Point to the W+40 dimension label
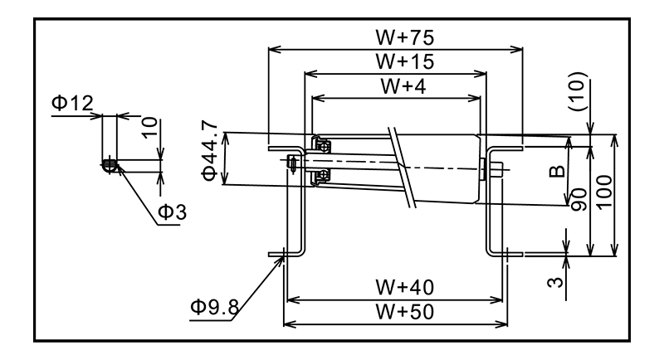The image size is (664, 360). pos(395,286)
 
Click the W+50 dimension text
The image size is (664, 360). pos(395,311)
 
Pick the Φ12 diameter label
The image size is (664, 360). pos(71,105)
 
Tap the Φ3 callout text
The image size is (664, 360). pos(172,212)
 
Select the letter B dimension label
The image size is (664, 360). pos(557,173)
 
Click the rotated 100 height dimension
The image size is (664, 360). pos(603,192)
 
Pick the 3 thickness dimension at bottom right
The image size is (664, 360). pos(559,281)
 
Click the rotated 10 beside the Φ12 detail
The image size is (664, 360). pos(149,127)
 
